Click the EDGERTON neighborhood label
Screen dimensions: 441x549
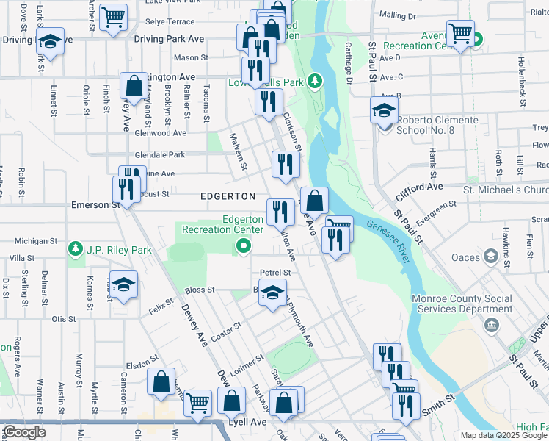tap(228, 197)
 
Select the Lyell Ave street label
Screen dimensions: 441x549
tap(250, 423)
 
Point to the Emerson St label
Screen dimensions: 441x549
tap(95, 205)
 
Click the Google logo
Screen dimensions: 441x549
tap(24, 432)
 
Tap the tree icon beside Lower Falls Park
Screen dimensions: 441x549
tap(315, 81)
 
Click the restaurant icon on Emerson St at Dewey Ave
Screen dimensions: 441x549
tap(126, 190)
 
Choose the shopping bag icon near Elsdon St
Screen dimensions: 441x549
tap(161, 381)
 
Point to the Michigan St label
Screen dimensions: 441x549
tap(36, 241)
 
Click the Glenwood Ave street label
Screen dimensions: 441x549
tap(161, 133)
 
